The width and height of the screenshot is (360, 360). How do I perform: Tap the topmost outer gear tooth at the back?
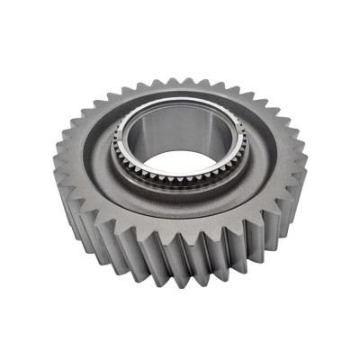point(180,82)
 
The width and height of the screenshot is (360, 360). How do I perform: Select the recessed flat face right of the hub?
point(270,157)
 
